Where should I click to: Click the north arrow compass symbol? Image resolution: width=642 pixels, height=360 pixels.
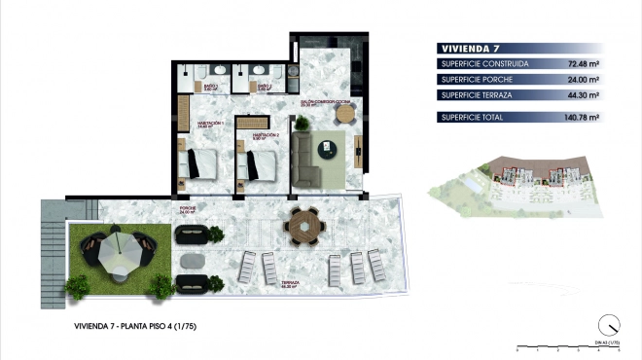tap(609, 326)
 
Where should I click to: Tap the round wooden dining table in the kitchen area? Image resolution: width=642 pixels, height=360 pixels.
tap(345, 114)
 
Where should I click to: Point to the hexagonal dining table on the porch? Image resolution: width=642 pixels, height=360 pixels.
tap(303, 225)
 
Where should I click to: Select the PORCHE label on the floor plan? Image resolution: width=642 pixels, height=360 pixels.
tap(189, 208)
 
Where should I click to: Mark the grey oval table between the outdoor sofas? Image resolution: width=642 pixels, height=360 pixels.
tap(193, 260)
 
